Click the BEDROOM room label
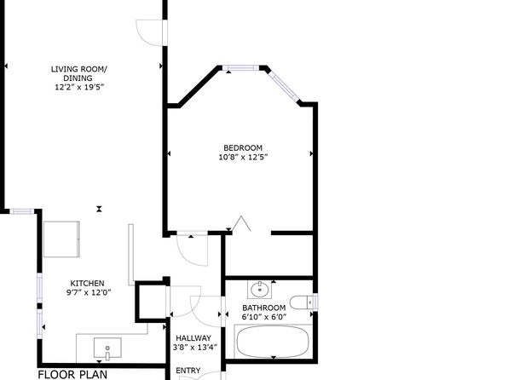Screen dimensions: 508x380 point(243,147)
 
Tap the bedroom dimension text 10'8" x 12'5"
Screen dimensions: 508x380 point(243,158)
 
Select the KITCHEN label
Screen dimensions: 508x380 point(88,284)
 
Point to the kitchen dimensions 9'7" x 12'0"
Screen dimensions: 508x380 point(89,292)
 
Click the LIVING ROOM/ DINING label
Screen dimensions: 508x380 point(78,73)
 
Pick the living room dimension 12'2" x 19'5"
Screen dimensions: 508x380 point(79,87)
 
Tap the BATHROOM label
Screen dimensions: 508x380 point(264,308)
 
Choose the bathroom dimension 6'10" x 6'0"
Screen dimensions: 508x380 point(264,317)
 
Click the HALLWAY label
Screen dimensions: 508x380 point(193,338)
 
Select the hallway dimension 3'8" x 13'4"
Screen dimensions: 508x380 point(195,348)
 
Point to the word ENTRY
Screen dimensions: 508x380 point(188,371)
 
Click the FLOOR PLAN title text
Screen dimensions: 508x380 point(72,375)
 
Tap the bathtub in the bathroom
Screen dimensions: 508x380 point(273,342)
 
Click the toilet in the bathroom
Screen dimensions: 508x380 point(301,302)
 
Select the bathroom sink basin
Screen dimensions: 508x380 point(259,289)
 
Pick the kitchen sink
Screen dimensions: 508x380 point(107,348)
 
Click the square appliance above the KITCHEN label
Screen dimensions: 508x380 point(61,239)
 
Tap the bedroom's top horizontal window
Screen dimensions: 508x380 point(240,67)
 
